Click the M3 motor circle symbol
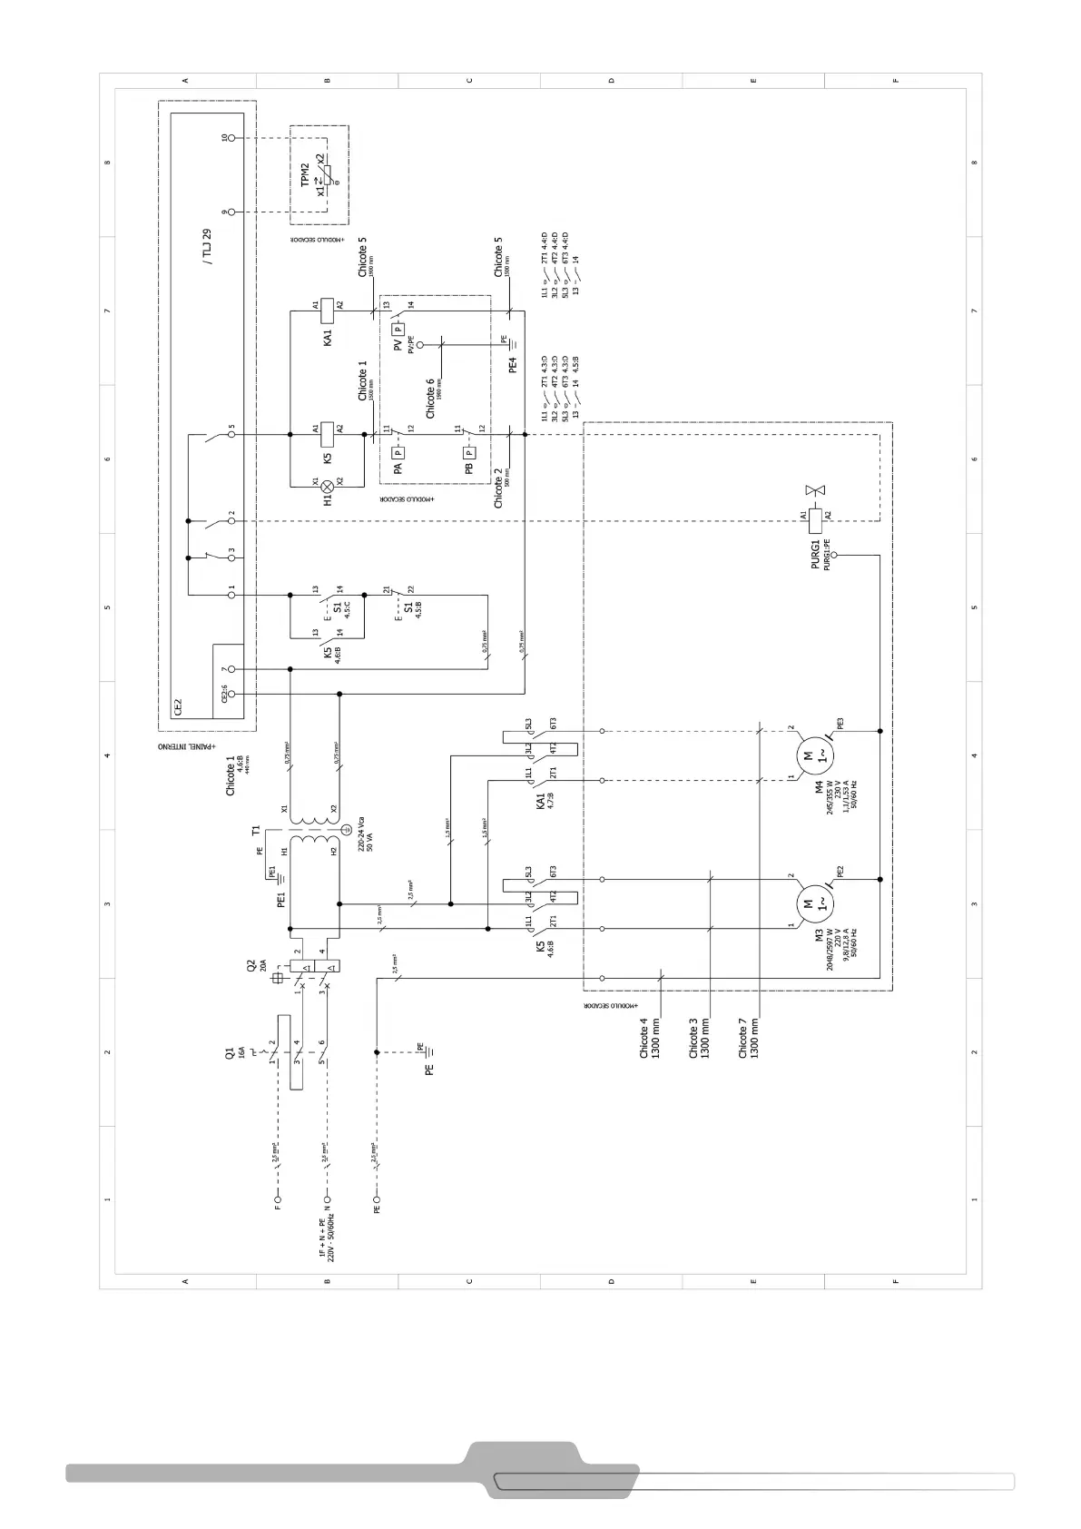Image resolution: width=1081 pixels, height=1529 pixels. tap(808, 903)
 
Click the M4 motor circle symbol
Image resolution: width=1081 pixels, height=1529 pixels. tap(808, 755)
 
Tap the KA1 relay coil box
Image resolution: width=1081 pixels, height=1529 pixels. tap(328, 305)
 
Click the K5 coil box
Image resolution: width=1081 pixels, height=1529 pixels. tap(328, 428)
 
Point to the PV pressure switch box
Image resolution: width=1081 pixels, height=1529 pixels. tap(398, 330)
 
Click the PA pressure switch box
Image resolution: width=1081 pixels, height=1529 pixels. tap(398, 451)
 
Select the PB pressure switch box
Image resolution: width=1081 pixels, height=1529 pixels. tap(469, 451)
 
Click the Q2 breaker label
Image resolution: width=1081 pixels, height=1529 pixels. tap(251, 966)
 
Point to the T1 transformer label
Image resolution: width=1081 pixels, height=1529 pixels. tap(256, 830)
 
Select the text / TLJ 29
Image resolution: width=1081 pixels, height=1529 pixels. tap(207, 246)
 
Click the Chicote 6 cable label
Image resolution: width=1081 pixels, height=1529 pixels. tap(431, 400)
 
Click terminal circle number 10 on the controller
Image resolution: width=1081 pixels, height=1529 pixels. tap(231, 137)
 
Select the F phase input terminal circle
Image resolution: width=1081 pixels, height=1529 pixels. tap(279, 1208)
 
